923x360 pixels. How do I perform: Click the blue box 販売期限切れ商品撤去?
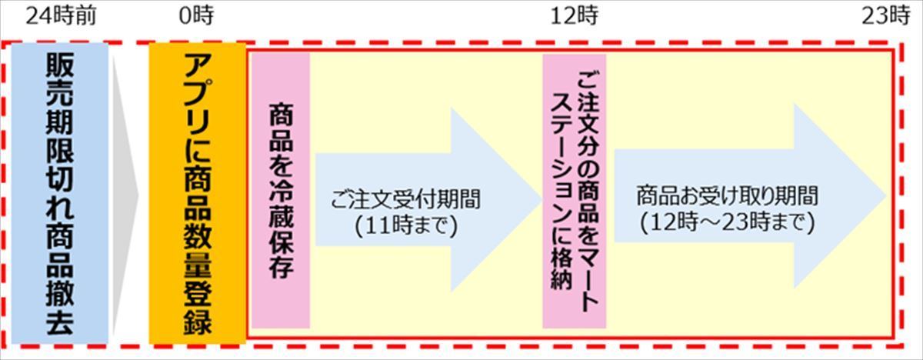tap(60, 193)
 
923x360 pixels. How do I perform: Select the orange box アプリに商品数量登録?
tap(198, 193)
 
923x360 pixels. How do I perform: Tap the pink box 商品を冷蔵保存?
tap(281, 190)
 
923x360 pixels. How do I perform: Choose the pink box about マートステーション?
tap(575, 191)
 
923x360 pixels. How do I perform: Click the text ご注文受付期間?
tap(406, 199)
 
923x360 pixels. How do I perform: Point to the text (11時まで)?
tap(406, 225)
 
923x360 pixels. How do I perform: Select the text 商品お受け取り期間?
tap(728, 195)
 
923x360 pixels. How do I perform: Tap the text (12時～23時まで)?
tap(728, 222)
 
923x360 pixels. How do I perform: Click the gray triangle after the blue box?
tap(125, 194)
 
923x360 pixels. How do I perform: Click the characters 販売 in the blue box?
tap(60, 79)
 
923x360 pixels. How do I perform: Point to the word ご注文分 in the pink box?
tap(587, 118)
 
